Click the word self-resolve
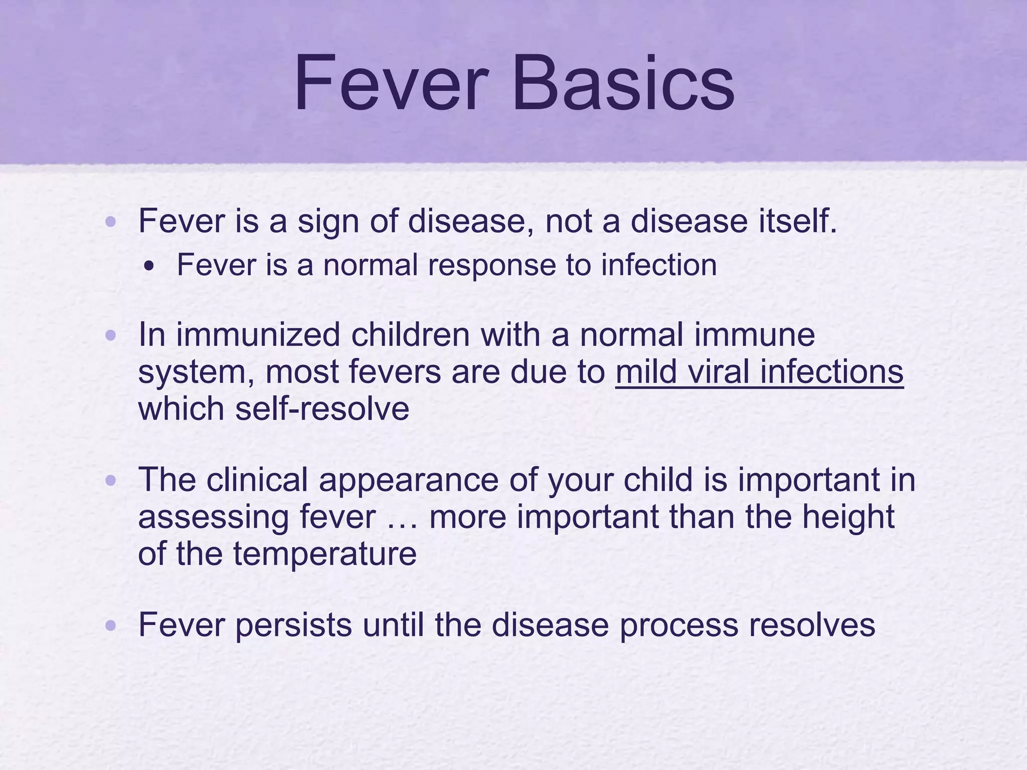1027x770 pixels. click(x=322, y=409)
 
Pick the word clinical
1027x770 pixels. click(x=257, y=480)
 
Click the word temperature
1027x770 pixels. click(x=324, y=554)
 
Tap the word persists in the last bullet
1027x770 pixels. click(x=293, y=626)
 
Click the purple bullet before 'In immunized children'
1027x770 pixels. click(x=111, y=335)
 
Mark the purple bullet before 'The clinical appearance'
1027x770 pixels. click(x=111, y=481)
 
